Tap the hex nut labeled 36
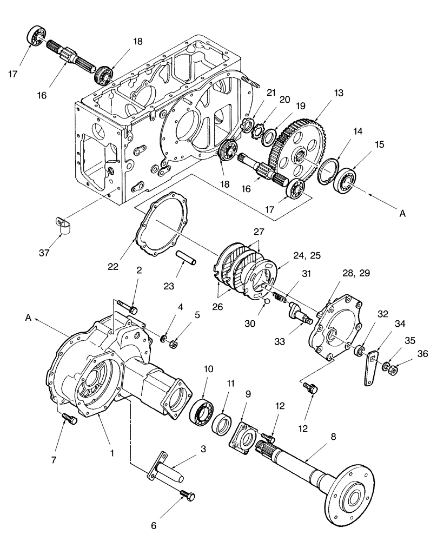394,371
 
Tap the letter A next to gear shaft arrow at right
402,214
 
